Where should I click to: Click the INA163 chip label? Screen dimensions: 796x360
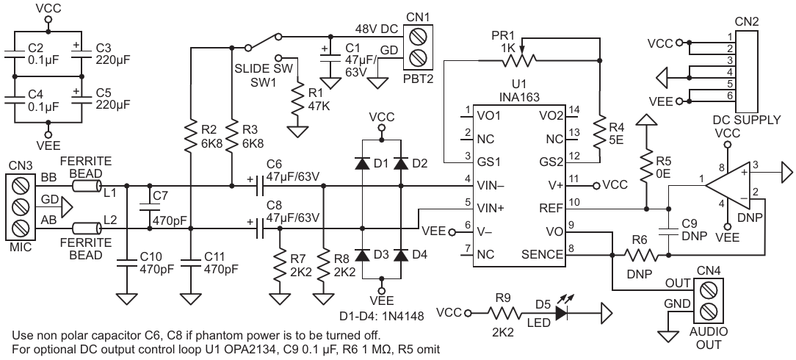pos(519,97)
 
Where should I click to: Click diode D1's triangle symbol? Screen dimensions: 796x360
pos(362,163)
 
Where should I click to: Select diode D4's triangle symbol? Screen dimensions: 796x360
pos(402,255)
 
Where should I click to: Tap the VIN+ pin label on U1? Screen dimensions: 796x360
pos(490,208)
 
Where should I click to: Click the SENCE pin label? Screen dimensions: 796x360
pos(542,254)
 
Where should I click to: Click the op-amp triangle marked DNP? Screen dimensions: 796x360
pos(728,186)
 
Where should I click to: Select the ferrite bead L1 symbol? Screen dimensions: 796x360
pos(87,186)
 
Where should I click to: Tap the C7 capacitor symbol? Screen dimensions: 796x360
pos(149,207)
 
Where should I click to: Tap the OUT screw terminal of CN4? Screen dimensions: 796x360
pos(707,290)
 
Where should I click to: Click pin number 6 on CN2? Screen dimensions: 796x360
pos(729,96)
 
